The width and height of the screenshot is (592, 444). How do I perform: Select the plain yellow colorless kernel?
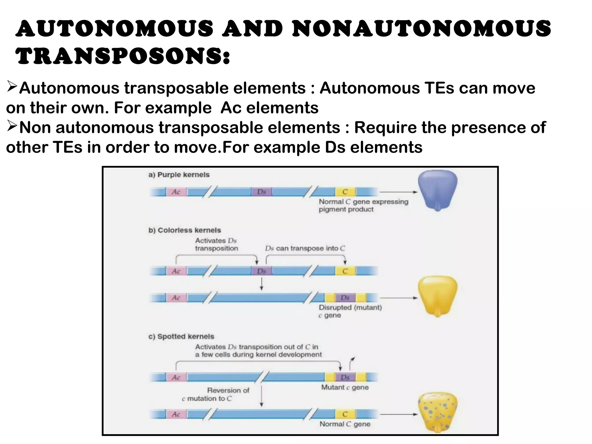pyautogui.click(x=437, y=296)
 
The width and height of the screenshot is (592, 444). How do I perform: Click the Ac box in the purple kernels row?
pyautogui.click(x=176, y=192)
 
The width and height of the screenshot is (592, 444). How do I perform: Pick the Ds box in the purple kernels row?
pyautogui.click(x=261, y=192)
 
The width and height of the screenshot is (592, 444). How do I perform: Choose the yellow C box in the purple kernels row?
pyautogui.click(x=345, y=192)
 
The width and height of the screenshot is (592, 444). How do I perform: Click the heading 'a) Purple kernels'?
pyautogui.click(x=179, y=175)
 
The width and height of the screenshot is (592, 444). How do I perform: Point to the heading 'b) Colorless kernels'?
pyautogui.click(x=184, y=230)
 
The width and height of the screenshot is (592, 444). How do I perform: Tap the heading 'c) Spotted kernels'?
pyautogui.click(x=181, y=336)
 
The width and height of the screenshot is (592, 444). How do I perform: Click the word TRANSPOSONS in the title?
pyautogui.click(x=123, y=56)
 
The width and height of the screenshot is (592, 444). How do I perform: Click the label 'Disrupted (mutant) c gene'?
pyautogui.click(x=350, y=311)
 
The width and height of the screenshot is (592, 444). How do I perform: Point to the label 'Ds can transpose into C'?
pyautogui.click(x=305, y=248)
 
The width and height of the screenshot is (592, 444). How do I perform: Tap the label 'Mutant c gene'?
pyautogui.click(x=345, y=387)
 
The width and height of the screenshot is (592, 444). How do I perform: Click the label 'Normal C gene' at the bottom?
pyautogui.click(x=345, y=424)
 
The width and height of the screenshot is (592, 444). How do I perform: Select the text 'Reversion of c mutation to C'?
pyautogui.click(x=215, y=394)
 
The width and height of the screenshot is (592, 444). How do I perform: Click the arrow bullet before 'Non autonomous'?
pyautogui.click(x=12, y=127)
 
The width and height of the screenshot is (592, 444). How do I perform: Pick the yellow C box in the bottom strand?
pyautogui.click(x=345, y=414)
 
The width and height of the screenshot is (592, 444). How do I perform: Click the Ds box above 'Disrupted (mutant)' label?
pyautogui.click(x=345, y=297)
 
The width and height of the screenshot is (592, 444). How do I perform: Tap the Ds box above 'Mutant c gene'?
pyautogui.click(x=345, y=377)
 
